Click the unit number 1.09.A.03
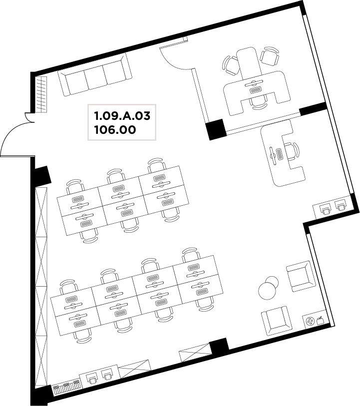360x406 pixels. pos(122,116)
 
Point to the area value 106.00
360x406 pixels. pos(115,129)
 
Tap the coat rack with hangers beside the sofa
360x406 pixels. pos(41,94)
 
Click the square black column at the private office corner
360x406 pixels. pos(216,129)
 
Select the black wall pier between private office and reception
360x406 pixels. pos(313,109)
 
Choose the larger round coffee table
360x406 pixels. pos(267,291)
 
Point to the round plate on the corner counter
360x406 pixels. pos(310,322)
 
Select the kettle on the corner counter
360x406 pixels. pos(320,320)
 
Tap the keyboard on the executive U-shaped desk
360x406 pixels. pos(256,90)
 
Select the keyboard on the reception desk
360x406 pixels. pos(280,154)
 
